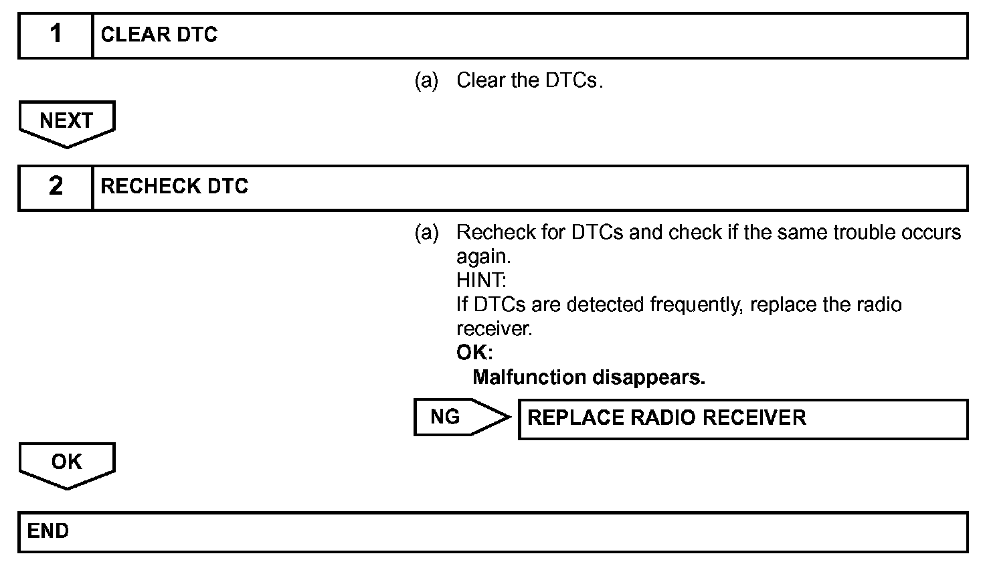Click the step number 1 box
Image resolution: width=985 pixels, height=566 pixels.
[56, 35]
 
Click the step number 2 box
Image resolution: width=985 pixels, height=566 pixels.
[56, 187]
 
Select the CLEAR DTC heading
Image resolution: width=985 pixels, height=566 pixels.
[159, 35]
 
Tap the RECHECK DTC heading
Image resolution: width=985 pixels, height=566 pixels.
[174, 187]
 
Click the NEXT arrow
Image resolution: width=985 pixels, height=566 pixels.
[67, 122]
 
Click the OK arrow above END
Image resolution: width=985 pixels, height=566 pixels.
[67, 463]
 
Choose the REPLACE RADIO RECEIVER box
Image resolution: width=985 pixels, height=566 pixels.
[743, 418]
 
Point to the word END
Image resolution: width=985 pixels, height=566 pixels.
[48, 531]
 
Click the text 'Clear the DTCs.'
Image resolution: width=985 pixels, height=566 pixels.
[529, 81]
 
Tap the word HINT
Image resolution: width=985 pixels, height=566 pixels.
[481, 281]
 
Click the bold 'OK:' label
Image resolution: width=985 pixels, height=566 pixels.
[474, 353]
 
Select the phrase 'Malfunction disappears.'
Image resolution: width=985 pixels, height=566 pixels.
[589, 377]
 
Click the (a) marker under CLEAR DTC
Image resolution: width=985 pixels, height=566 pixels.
[426, 81]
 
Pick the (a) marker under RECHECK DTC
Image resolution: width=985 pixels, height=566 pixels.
[426, 233]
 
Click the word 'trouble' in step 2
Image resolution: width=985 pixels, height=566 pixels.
[864, 233]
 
